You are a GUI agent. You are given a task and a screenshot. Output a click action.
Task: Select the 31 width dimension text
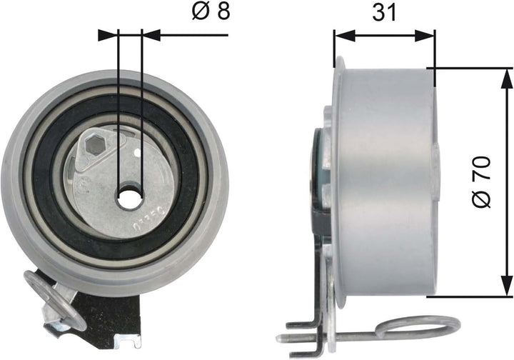pos(385,13)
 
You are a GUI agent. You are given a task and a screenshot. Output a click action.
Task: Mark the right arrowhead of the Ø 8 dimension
pos(152,33)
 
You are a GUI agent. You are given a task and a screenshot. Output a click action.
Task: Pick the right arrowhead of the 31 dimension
pos(428,33)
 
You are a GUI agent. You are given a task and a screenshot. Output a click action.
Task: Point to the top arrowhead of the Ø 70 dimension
pos(508,76)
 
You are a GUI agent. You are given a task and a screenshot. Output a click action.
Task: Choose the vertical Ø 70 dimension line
pos(508,143)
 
